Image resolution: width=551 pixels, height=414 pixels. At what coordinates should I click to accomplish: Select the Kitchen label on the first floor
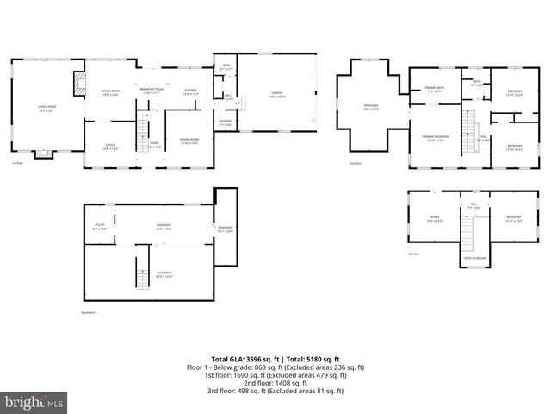click(x=191, y=91)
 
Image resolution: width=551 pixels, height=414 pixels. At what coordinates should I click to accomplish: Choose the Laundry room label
click(x=225, y=123)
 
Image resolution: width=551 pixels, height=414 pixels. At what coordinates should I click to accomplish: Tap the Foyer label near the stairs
click(x=155, y=145)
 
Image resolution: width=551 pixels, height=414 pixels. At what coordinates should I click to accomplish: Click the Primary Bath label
click(x=433, y=89)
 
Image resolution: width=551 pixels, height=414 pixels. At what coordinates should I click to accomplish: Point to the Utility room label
click(x=100, y=227)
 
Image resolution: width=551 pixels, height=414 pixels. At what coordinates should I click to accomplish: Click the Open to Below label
click(x=474, y=258)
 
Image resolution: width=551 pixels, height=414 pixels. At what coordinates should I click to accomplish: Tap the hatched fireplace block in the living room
click(x=79, y=83)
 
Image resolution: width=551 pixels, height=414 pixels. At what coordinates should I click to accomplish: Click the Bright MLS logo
click(x=34, y=402)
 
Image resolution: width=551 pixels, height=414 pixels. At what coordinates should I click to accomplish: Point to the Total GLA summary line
click(x=275, y=359)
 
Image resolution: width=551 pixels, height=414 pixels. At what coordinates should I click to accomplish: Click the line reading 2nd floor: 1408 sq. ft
click(x=275, y=383)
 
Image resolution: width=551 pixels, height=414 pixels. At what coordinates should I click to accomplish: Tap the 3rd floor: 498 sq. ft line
click(x=275, y=391)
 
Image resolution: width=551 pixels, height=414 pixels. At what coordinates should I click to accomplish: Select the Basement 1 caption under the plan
click(x=90, y=312)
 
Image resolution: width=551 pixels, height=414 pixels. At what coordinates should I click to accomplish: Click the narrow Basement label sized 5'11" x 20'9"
click(x=226, y=229)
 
